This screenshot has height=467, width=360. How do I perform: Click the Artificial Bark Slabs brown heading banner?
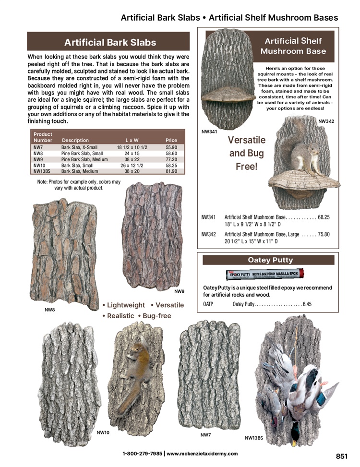110,42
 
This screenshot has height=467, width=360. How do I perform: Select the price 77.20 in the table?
171,159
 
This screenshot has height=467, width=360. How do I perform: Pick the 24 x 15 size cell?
128,153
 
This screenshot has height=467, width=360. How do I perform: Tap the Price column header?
171,140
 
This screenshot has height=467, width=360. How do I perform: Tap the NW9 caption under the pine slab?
179,291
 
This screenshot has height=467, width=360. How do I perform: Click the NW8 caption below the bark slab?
50,310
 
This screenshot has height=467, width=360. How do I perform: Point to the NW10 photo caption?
103,432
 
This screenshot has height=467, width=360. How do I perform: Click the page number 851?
341,456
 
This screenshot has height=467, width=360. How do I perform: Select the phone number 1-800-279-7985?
143,454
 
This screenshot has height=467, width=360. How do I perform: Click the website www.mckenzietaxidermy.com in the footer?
202,454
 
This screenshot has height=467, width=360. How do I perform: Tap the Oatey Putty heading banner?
270,260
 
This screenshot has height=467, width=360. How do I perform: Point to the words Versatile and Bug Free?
247,153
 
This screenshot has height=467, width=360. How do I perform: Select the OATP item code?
208,304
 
